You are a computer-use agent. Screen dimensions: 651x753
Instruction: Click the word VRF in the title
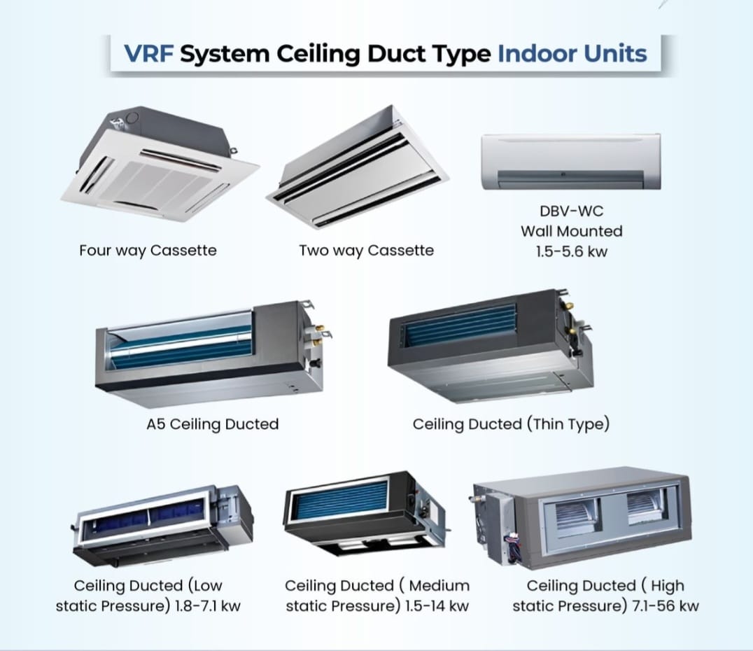tap(149, 54)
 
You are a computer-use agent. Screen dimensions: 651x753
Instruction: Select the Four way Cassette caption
tap(148, 250)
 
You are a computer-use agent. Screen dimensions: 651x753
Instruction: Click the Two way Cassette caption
tap(366, 250)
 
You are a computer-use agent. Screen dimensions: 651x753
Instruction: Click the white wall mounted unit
tap(570, 162)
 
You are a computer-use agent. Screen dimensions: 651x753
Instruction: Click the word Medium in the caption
tap(439, 585)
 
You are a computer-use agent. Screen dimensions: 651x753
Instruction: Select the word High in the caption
tap(666, 585)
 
